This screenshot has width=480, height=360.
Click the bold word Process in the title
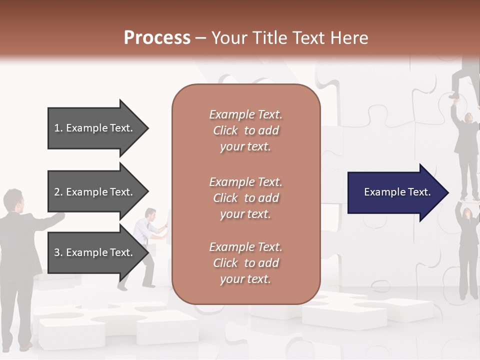point(157,38)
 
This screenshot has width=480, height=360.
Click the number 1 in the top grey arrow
point(57,128)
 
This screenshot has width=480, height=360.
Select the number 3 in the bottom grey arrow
point(57,252)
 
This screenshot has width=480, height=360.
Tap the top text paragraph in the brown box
point(245,130)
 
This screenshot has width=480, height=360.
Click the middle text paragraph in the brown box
point(245,198)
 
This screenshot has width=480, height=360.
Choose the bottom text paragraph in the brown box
point(245,263)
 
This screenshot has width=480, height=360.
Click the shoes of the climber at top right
point(454,95)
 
